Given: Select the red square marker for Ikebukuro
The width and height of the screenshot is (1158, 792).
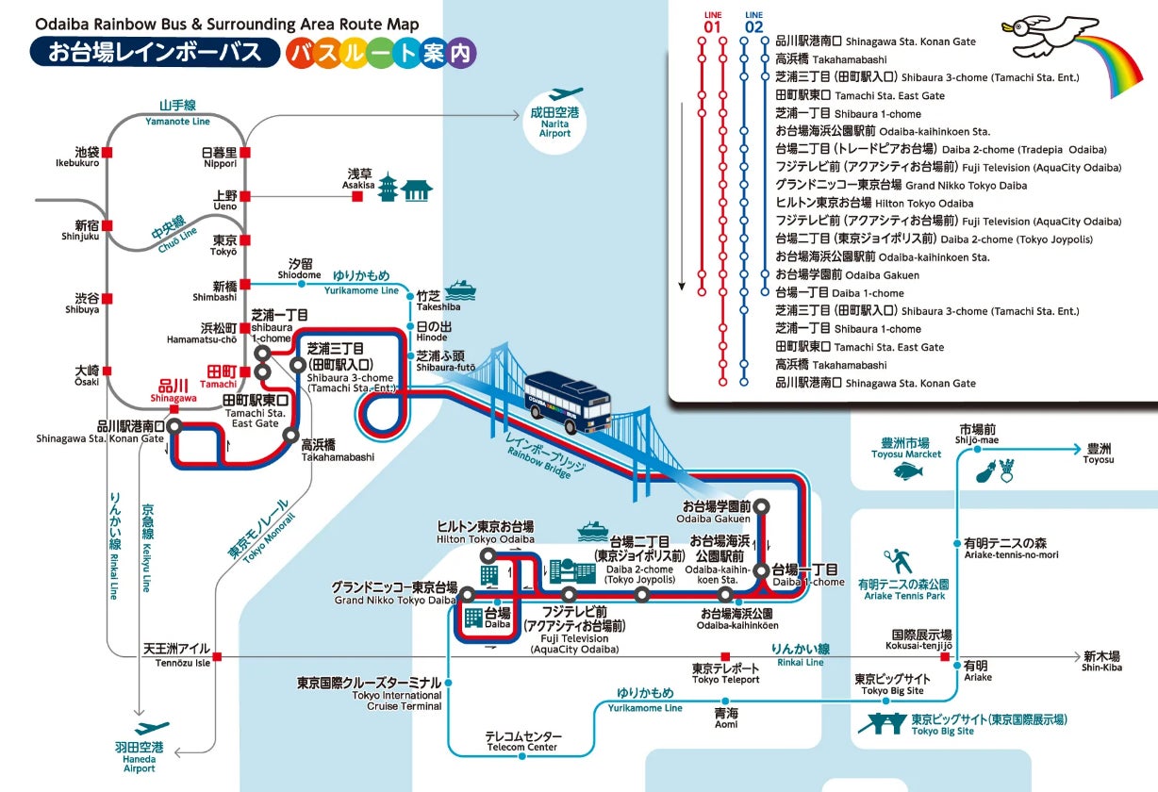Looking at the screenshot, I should [x=108, y=152].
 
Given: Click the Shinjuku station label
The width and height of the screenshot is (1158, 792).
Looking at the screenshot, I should [x=80, y=231].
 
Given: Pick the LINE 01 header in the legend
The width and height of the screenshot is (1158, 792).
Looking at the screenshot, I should [x=712, y=22].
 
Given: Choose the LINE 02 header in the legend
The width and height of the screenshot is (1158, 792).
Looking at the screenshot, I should [x=753, y=22].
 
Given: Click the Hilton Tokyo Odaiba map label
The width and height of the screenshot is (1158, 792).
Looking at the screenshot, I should [x=485, y=532].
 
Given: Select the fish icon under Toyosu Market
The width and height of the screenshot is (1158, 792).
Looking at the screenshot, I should [x=906, y=470].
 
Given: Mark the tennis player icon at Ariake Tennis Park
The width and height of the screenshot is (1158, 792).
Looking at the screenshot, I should [x=899, y=562].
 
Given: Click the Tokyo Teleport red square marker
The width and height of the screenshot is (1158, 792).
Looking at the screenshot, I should [x=725, y=656].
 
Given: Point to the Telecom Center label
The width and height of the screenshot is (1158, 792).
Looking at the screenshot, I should [x=522, y=741].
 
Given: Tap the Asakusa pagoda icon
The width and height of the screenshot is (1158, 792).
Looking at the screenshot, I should [x=388, y=188].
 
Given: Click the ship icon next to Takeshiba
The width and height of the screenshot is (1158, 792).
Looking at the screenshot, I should [x=460, y=289].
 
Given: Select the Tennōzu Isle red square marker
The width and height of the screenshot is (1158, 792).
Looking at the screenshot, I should [x=218, y=656].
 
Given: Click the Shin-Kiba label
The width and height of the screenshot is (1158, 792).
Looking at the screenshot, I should [x=1100, y=661].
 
